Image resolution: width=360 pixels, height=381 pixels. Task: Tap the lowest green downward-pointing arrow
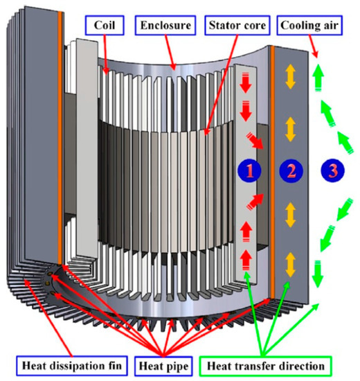pyautogui.click(x=317, y=276)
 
